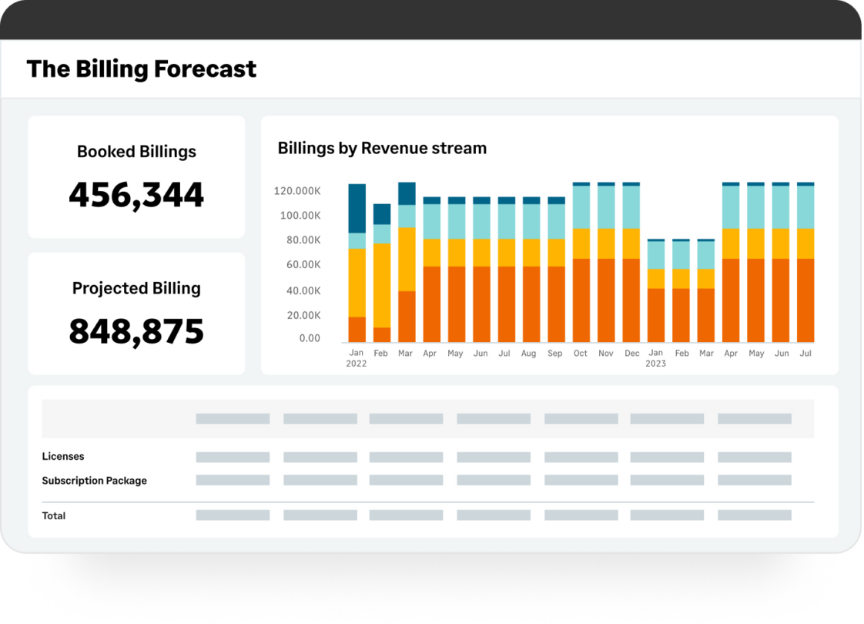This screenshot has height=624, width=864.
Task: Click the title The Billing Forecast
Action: pos(142,69)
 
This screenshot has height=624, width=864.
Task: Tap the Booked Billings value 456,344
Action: pos(136,195)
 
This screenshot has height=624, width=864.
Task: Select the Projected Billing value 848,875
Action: pos(136,331)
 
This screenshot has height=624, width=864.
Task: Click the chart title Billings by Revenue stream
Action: pos(382,148)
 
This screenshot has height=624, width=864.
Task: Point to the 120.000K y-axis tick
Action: pos(297,191)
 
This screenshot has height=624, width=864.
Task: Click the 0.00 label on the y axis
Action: pos(310,338)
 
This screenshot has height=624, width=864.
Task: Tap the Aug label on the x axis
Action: pos(528,354)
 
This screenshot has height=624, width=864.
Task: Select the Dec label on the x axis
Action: pos(631,354)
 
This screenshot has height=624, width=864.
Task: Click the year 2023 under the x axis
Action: pos(655,364)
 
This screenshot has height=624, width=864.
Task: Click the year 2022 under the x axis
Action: pos(357,364)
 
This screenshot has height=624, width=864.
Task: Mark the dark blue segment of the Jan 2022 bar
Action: pos(357,208)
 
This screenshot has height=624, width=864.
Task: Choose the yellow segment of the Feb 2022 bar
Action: pos(382,285)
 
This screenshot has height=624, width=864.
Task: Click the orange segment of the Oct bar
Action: pos(581,300)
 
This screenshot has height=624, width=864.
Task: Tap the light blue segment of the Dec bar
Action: pos(631,207)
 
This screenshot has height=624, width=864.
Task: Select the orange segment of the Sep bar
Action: pos(556,304)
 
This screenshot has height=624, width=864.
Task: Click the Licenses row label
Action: pos(63,457)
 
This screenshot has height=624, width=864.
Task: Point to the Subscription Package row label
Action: pos(94,481)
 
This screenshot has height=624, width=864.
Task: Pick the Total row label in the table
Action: pos(54,516)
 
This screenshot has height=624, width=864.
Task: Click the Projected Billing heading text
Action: pos(136,288)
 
